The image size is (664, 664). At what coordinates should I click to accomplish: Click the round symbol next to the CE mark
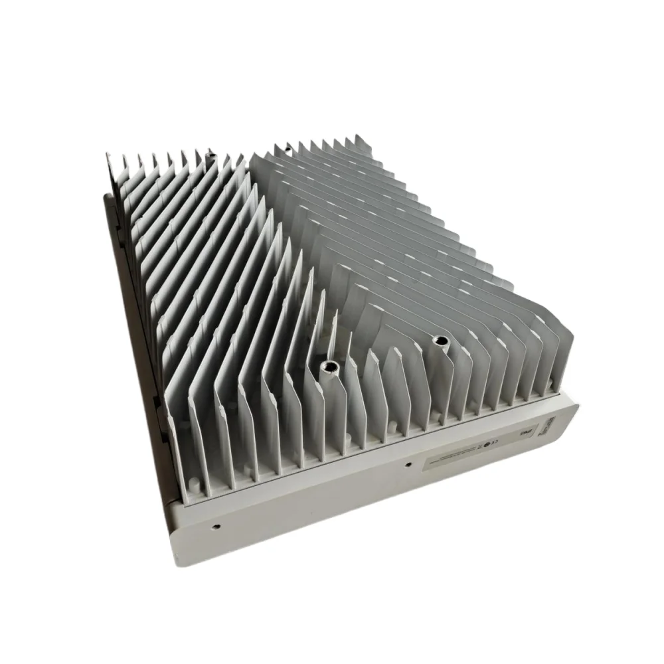(487, 446)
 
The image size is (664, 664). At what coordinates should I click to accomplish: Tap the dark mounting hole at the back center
(287, 145)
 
